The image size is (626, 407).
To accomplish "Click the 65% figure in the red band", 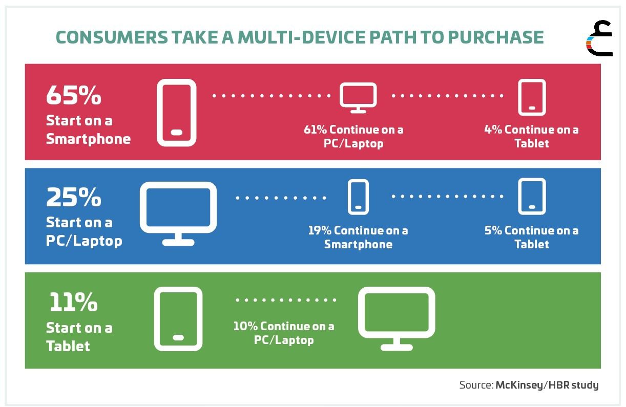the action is (73, 95).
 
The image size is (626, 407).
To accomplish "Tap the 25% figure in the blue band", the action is (73, 197).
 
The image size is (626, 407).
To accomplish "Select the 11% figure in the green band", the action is (73, 302).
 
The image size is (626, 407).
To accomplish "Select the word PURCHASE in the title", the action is (496, 37).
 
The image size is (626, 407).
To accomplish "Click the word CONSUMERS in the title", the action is (112, 37).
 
